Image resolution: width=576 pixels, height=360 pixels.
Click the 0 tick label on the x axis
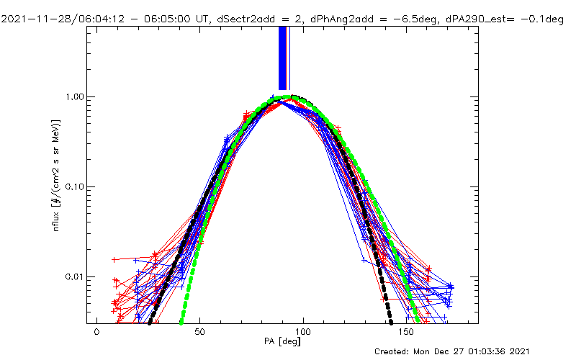point(96,334)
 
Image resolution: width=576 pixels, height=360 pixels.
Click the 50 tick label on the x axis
point(199,334)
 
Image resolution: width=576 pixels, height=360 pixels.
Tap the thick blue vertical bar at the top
point(283,58)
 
